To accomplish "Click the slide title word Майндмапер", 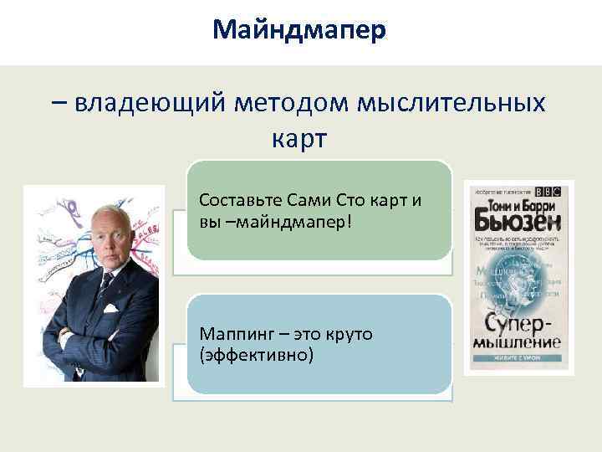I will (299, 31).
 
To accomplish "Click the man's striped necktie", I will (106, 290).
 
